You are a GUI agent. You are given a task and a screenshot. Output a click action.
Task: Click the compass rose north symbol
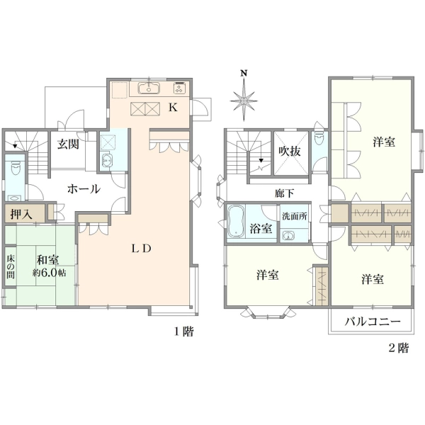coord(244,96)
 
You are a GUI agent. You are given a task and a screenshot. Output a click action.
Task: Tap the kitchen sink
coord(149,88)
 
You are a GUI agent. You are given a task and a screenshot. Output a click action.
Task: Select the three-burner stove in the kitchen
coord(179,88)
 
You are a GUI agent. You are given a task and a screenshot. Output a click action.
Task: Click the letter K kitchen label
coord(174,108)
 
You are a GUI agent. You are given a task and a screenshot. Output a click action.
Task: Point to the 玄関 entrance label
coord(68,144)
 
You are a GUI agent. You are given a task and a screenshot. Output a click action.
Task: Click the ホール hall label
coord(84,189)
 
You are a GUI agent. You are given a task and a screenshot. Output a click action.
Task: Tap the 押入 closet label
coord(21,215)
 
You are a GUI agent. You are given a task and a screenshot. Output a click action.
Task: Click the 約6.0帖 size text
coord(50,273)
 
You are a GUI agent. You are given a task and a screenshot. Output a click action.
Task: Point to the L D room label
coord(141,249)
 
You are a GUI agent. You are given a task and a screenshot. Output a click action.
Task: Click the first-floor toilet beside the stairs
coord(15,168)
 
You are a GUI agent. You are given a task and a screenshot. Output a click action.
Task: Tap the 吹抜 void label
coord(290,151)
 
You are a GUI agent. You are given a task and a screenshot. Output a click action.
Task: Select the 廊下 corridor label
coord(284,193)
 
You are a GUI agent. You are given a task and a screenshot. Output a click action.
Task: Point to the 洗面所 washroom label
coord(295,216)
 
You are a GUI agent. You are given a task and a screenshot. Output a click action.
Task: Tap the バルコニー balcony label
coord(373,322)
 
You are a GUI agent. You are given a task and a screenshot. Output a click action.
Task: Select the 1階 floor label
coord(183,331)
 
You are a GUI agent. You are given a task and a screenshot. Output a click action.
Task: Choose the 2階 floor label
coord(399,348)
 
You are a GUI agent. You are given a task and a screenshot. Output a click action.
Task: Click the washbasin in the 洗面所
coord(288,235)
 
